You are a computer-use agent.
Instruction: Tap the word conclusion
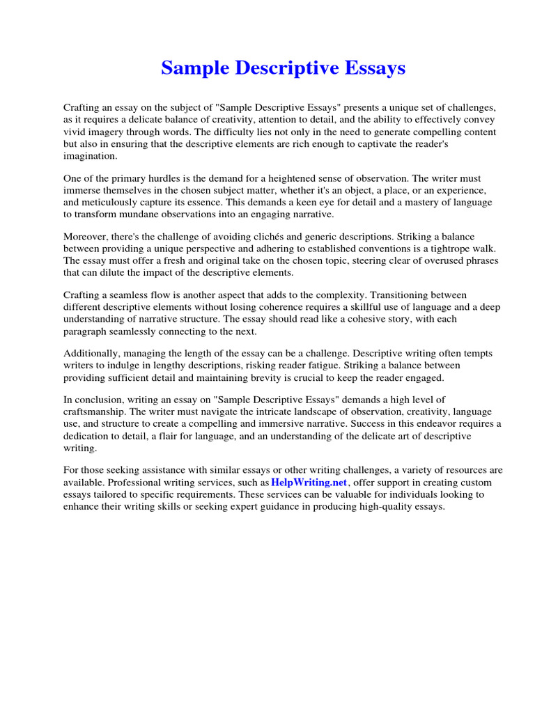99,400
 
